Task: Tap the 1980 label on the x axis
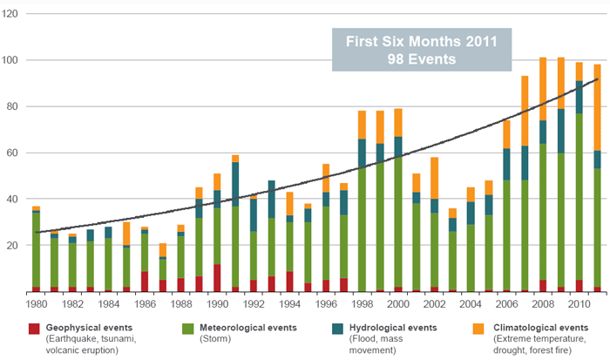pos(36,303)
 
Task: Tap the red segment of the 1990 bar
pos(218,277)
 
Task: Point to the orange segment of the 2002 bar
pos(434,178)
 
